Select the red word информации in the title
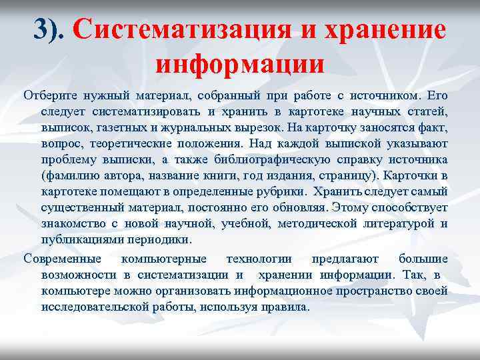pos(239,64)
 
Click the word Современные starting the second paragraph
pos(62,258)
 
